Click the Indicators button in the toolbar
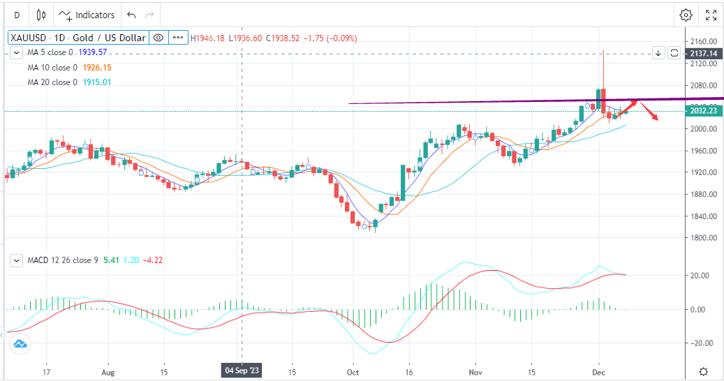click(87, 15)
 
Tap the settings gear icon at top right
click(686, 15)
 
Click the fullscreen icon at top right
click(711, 15)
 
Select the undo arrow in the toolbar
click(131, 15)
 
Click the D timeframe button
click(17, 15)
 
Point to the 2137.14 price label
click(703, 52)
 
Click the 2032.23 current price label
click(703, 110)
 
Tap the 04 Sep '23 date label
click(242, 371)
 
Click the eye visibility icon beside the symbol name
click(158, 38)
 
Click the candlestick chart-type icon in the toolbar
click(40, 15)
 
